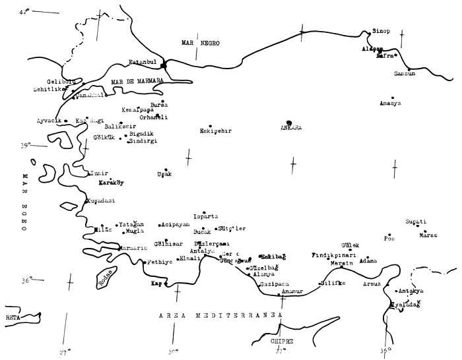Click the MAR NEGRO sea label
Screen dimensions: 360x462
click(x=201, y=43)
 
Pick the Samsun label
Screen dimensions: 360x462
click(x=405, y=74)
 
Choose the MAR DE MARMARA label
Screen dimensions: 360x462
click(x=137, y=82)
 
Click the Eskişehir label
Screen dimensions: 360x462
click(x=216, y=131)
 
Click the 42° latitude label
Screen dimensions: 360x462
click(x=25, y=11)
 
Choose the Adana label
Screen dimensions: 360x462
click(x=368, y=261)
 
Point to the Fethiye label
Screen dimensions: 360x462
click(x=160, y=262)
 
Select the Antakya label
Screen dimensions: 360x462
click(x=412, y=291)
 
